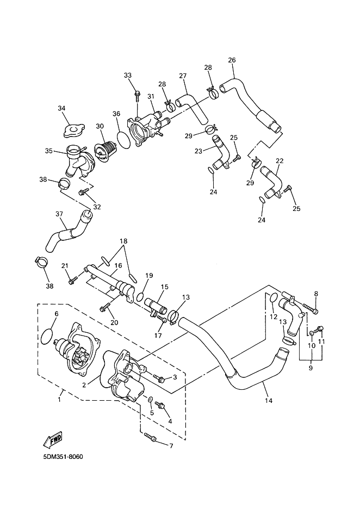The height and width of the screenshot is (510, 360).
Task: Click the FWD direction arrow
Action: click(52, 439)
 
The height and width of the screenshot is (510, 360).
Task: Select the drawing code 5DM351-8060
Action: click(63, 457)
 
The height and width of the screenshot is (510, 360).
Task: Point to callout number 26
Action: click(232, 60)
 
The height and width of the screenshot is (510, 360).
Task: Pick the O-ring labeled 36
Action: click(124, 140)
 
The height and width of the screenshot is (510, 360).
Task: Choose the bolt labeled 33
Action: click(138, 95)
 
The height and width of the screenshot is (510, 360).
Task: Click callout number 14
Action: click(268, 401)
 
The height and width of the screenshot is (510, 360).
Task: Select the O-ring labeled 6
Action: click(47, 336)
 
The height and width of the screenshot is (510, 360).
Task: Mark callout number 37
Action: click(59, 214)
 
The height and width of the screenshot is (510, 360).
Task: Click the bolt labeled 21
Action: click(73, 279)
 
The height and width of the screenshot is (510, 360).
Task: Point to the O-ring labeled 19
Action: click(140, 297)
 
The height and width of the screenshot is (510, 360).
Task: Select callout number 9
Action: click(311, 368)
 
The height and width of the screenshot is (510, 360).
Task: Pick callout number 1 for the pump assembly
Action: click(59, 400)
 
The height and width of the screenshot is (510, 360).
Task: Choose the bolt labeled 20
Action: click(105, 307)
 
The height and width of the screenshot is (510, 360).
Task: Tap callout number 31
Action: click(151, 97)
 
